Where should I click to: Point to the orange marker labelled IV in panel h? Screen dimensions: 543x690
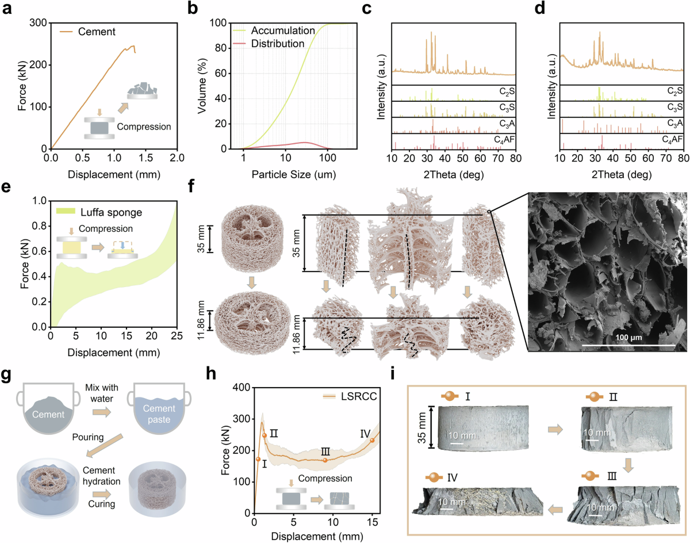point(373,440)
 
